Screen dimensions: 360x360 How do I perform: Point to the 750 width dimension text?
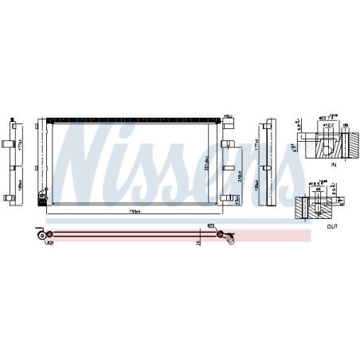coord(135,211)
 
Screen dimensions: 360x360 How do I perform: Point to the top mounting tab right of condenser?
coord(226,144)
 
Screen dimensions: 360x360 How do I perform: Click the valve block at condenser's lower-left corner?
coord(43,200)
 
